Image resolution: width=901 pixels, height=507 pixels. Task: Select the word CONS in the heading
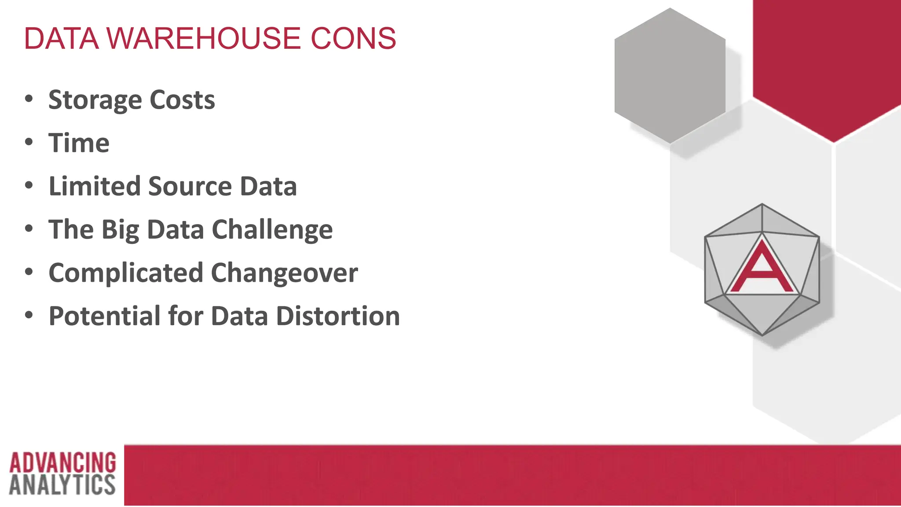click(353, 38)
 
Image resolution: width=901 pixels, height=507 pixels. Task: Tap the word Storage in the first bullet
click(95, 100)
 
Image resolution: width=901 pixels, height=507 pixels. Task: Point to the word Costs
click(182, 100)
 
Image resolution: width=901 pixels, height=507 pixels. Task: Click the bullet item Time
click(79, 143)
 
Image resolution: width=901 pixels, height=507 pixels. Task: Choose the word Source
click(190, 186)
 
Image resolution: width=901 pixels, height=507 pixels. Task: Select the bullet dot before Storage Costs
click(29, 99)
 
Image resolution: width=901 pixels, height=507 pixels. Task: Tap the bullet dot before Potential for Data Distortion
click(29, 315)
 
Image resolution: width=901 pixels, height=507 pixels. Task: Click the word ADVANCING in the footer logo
click(62, 463)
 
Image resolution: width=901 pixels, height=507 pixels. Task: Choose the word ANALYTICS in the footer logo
click(62, 485)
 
